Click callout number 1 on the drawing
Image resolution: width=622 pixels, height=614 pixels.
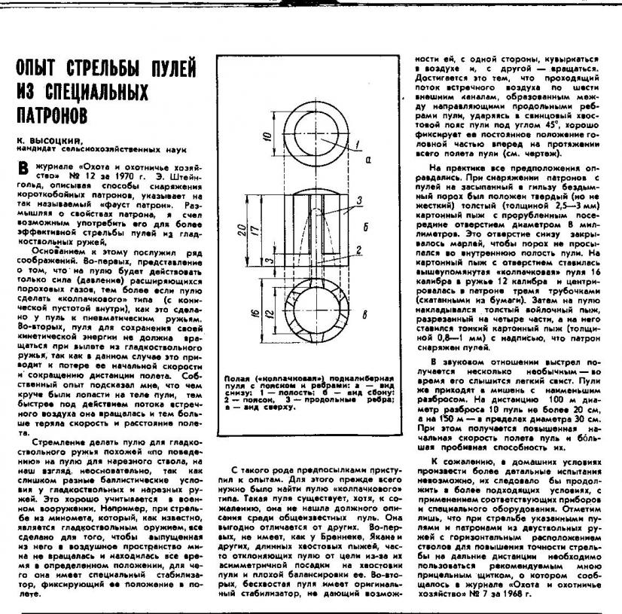(359, 145)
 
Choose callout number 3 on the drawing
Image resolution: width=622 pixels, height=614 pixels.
(361, 200)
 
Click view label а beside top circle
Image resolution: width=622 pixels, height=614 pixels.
(369, 160)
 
